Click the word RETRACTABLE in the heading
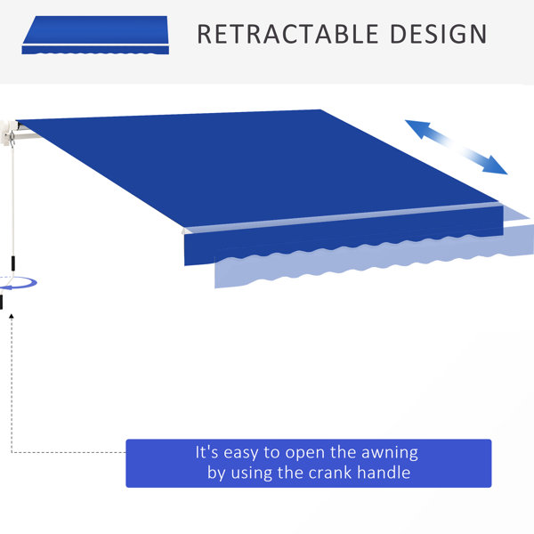tap(287, 34)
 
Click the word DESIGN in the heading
tap(438, 34)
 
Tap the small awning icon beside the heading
tap(95, 35)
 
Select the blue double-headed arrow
tap(456, 147)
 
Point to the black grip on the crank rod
tap(13, 263)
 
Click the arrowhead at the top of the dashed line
tap(12, 316)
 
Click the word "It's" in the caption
tap(206, 452)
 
